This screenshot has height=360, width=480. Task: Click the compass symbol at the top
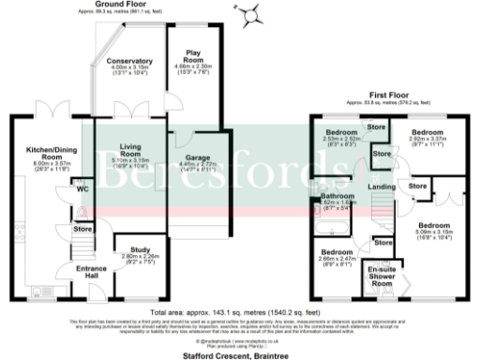(249, 13)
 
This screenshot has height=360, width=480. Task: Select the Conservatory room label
(129, 62)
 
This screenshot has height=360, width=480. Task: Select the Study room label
(138, 247)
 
